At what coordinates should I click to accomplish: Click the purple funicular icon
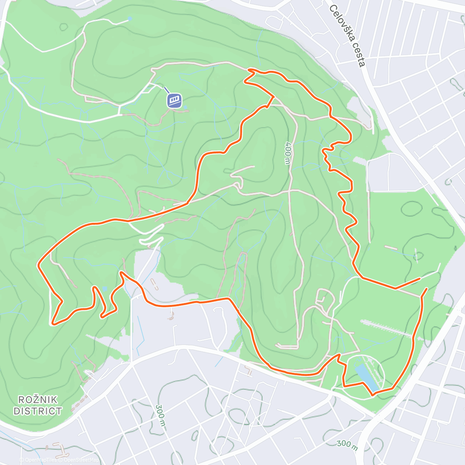(174, 100)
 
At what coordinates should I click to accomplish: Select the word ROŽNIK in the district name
(38, 400)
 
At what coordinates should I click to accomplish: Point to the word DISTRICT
(38, 411)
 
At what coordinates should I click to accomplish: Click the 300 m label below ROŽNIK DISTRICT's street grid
(160, 417)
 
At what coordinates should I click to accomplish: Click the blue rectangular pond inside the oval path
(366, 376)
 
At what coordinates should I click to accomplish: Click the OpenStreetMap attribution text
(79, 460)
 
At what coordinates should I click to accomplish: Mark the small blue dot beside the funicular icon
(185, 107)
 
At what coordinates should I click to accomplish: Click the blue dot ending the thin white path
(130, 18)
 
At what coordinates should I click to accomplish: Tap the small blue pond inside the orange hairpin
(104, 289)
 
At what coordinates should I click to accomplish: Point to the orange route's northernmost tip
(249, 70)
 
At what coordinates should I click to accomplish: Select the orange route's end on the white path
(420, 278)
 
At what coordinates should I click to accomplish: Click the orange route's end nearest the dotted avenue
(427, 289)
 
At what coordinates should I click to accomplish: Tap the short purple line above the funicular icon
(166, 90)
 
